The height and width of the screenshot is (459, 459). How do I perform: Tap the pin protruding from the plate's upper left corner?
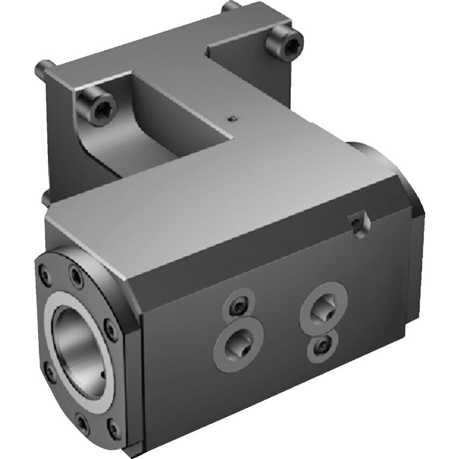[x=42, y=68]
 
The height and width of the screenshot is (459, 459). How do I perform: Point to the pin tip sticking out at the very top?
[x=230, y=6]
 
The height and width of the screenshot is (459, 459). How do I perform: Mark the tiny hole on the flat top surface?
[x=231, y=119]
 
